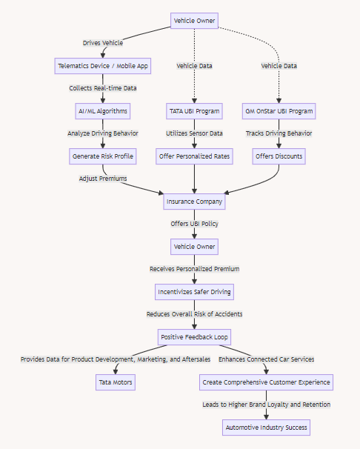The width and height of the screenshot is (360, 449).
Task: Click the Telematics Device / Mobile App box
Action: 103,66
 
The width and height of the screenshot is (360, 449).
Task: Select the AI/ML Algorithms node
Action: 103,111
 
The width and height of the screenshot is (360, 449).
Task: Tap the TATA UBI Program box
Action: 194,111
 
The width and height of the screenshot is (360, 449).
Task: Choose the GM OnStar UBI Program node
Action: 279,111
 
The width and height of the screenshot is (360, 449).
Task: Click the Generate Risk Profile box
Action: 103,156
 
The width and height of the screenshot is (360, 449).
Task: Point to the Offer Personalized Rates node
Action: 194,156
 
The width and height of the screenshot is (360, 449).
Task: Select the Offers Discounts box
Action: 279,156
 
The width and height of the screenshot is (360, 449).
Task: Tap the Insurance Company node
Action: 194,202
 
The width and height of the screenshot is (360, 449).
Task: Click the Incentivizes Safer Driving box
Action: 194,292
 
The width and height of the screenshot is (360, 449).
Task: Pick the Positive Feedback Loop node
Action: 194,337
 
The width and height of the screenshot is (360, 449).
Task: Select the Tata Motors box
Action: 116,382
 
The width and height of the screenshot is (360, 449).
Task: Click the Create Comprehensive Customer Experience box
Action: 267,382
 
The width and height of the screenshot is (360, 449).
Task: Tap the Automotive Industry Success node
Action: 267,428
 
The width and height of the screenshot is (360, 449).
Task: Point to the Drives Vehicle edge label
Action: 103,43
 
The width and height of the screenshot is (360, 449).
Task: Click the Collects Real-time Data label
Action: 103,88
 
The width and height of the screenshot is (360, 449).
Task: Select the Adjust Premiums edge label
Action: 103,179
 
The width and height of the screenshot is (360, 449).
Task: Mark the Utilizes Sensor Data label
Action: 194,133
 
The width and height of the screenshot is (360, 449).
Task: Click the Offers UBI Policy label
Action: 194,224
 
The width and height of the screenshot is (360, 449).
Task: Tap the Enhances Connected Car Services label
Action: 267,359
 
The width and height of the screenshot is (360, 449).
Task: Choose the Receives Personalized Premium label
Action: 194,269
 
